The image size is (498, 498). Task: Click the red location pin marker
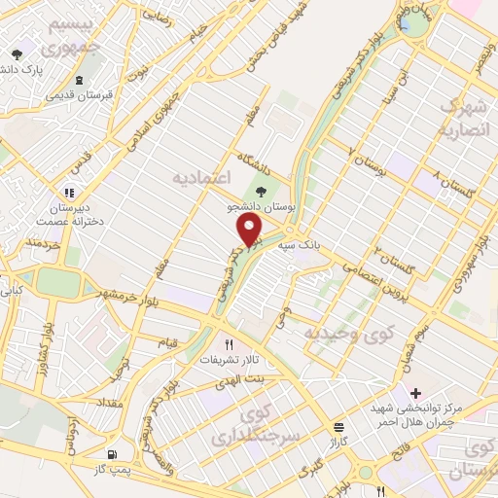pyautogui.click(x=251, y=230)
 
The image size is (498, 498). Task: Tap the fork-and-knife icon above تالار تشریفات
pyautogui.click(x=231, y=343)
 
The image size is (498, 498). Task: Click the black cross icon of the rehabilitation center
pyautogui.click(x=416, y=392)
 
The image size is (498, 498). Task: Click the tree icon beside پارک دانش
pyautogui.click(x=16, y=55)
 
